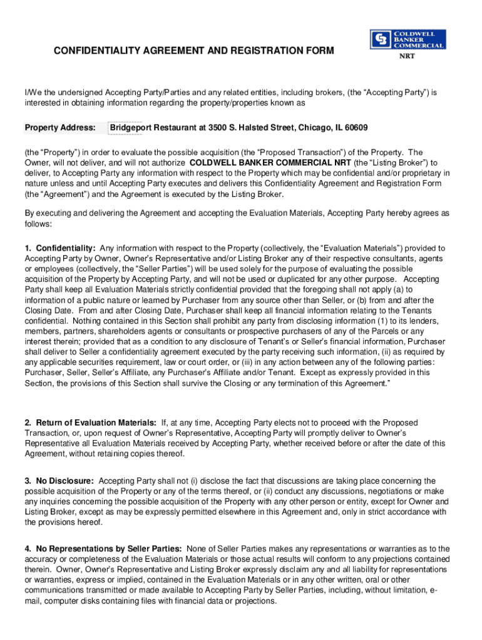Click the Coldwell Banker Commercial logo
(x=408, y=39)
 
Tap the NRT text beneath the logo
(x=407, y=56)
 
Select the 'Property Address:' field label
(x=60, y=128)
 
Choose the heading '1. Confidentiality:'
(x=61, y=248)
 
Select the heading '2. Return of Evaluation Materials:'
(x=91, y=423)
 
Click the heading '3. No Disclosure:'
(x=59, y=481)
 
